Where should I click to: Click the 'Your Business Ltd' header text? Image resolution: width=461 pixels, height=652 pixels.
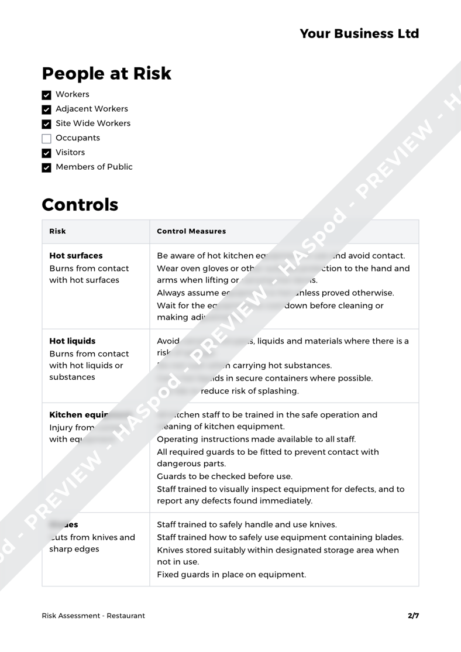click(359, 33)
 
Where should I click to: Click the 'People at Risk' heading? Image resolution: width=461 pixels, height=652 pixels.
click(106, 74)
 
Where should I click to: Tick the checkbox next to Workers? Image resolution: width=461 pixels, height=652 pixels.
click(47, 95)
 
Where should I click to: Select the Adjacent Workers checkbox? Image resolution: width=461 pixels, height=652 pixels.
click(47, 109)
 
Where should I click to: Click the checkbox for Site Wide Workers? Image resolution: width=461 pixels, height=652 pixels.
click(47, 124)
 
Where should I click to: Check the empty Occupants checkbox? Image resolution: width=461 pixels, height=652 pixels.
click(47, 139)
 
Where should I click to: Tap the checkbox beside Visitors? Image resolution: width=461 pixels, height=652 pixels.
click(47, 153)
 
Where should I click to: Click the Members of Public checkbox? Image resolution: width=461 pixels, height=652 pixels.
click(47, 167)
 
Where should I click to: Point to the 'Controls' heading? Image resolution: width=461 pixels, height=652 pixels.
click(80, 205)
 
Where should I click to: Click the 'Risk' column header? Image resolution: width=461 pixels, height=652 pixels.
click(57, 231)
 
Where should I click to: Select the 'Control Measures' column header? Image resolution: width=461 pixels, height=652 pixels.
click(191, 231)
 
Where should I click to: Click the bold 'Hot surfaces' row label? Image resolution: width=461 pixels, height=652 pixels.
click(75, 256)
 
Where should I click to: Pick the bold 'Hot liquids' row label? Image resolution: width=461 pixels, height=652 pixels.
click(73, 341)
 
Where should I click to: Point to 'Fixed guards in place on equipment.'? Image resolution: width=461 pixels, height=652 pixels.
click(231, 574)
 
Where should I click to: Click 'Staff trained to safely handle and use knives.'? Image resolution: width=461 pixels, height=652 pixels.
click(246, 524)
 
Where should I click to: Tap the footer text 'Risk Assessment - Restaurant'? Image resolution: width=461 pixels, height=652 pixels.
click(94, 615)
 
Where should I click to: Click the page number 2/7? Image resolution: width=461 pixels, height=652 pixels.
click(413, 615)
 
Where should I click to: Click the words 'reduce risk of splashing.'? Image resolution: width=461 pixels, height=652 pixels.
click(250, 390)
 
